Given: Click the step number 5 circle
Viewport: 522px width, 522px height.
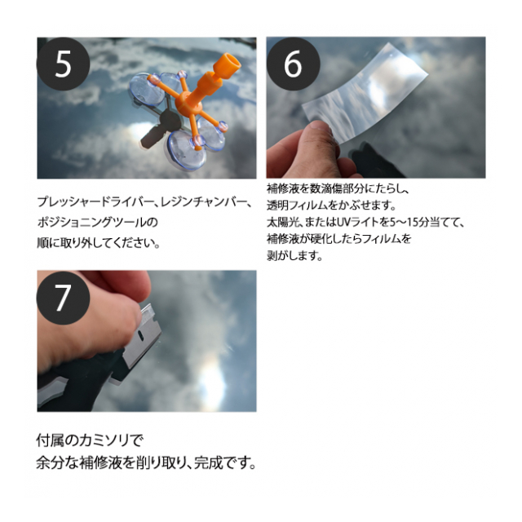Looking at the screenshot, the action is tap(63, 64).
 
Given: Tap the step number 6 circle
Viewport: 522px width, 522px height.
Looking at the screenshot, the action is tap(293, 64).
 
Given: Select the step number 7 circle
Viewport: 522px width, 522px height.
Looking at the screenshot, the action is tap(63, 298).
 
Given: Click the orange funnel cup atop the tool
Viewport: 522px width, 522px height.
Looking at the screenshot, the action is tap(226, 64).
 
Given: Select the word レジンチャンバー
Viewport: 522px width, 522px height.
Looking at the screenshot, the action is tap(204, 202).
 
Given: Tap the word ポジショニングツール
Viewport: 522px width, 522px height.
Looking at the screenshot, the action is tap(91, 223).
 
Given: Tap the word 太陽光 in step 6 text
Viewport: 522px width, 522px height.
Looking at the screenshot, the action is tap(283, 222).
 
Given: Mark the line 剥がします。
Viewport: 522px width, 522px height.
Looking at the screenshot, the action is tap(295, 255).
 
